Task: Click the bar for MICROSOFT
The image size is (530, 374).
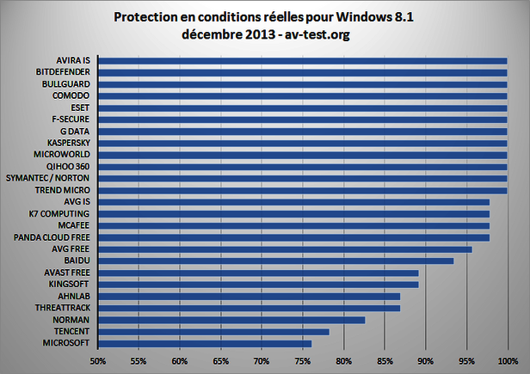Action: click(x=205, y=343)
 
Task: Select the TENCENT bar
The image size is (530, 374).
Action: click(x=213, y=331)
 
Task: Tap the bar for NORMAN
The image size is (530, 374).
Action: click(x=231, y=319)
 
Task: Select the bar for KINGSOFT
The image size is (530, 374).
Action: click(x=258, y=284)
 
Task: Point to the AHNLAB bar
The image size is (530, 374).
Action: click(x=249, y=296)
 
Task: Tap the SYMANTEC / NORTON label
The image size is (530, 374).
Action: click(x=52, y=177)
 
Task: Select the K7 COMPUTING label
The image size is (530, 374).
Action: click(x=61, y=212)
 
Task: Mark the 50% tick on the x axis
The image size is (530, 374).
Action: click(x=98, y=361)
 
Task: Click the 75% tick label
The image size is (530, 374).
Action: click(x=302, y=361)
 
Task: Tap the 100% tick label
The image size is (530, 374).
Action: click(x=507, y=361)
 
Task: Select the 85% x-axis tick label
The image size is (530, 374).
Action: click(x=385, y=361)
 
